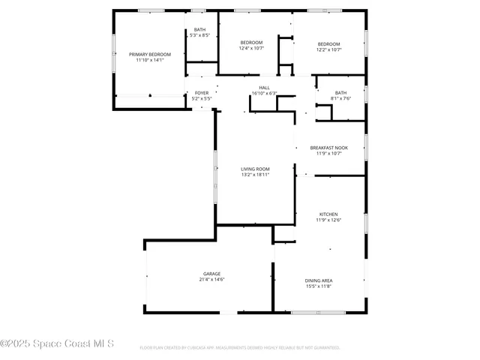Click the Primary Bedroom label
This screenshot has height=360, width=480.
click(150, 55)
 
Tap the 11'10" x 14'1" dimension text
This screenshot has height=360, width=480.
click(150, 61)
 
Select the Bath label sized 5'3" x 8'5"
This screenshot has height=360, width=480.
click(199, 30)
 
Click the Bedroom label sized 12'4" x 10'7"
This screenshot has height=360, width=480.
click(251, 43)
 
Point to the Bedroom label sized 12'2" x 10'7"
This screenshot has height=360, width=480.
click(328, 43)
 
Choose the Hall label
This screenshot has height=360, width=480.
click(265, 88)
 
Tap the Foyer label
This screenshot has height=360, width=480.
click(202, 93)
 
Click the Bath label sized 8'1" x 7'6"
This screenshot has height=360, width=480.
click(341, 93)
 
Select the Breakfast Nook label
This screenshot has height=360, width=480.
click(328, 148)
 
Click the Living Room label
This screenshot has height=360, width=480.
click(255, 169)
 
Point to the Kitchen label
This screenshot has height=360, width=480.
click(328, 214)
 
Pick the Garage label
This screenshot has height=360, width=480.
click(211, 274)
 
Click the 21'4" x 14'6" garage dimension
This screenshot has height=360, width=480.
click(211, 280)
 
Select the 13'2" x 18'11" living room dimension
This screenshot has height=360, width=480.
click(255, 175)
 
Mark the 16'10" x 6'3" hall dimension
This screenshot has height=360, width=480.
click(265, 94)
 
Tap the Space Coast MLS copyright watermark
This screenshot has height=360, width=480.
click(57, 344)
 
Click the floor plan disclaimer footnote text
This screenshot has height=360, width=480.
click(239, 348)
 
